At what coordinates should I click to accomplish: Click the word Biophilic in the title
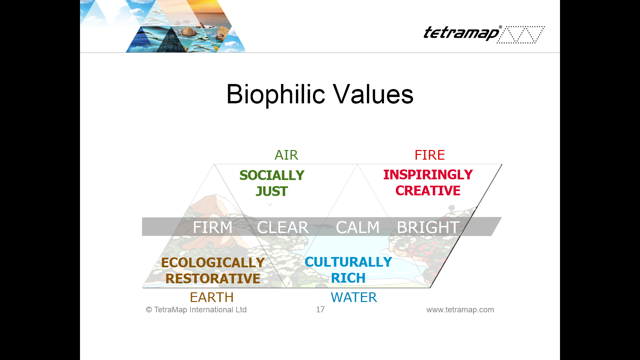[276, 95]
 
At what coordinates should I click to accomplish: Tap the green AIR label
[286, 155]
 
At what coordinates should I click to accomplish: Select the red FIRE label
[430, 155]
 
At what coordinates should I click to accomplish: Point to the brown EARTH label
[212, 297]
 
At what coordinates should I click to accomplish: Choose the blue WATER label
[354, 297]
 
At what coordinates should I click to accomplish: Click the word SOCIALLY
[272, 175]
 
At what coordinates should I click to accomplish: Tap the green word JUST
[272, 191]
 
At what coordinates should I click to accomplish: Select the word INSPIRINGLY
[428, 175]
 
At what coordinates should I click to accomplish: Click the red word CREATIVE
[428, 191]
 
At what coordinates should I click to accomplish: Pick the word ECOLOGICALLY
[213, 263]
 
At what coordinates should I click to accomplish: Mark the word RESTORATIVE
[213, 279]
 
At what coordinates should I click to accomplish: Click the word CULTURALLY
[348, 262]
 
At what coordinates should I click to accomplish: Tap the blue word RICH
[348, 278]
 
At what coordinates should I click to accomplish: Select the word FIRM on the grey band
[213, 227]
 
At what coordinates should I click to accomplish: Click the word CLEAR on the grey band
[283, 227]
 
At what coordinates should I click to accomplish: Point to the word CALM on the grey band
[358, 227]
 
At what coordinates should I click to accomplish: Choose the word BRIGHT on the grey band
[428, 227]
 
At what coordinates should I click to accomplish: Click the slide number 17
[320, 310]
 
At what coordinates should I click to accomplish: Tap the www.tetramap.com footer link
[460, 310]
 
